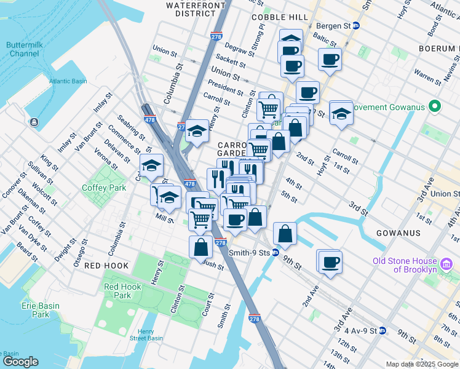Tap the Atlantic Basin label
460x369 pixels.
[69, 81]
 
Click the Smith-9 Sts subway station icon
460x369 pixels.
[276, 252]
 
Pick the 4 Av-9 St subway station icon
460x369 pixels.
[381, 331]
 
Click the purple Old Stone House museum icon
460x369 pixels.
[448, 265]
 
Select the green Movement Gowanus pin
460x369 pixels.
[435, 107]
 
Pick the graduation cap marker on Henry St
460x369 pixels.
[197, 131]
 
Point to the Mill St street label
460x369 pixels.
[164, 218]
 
